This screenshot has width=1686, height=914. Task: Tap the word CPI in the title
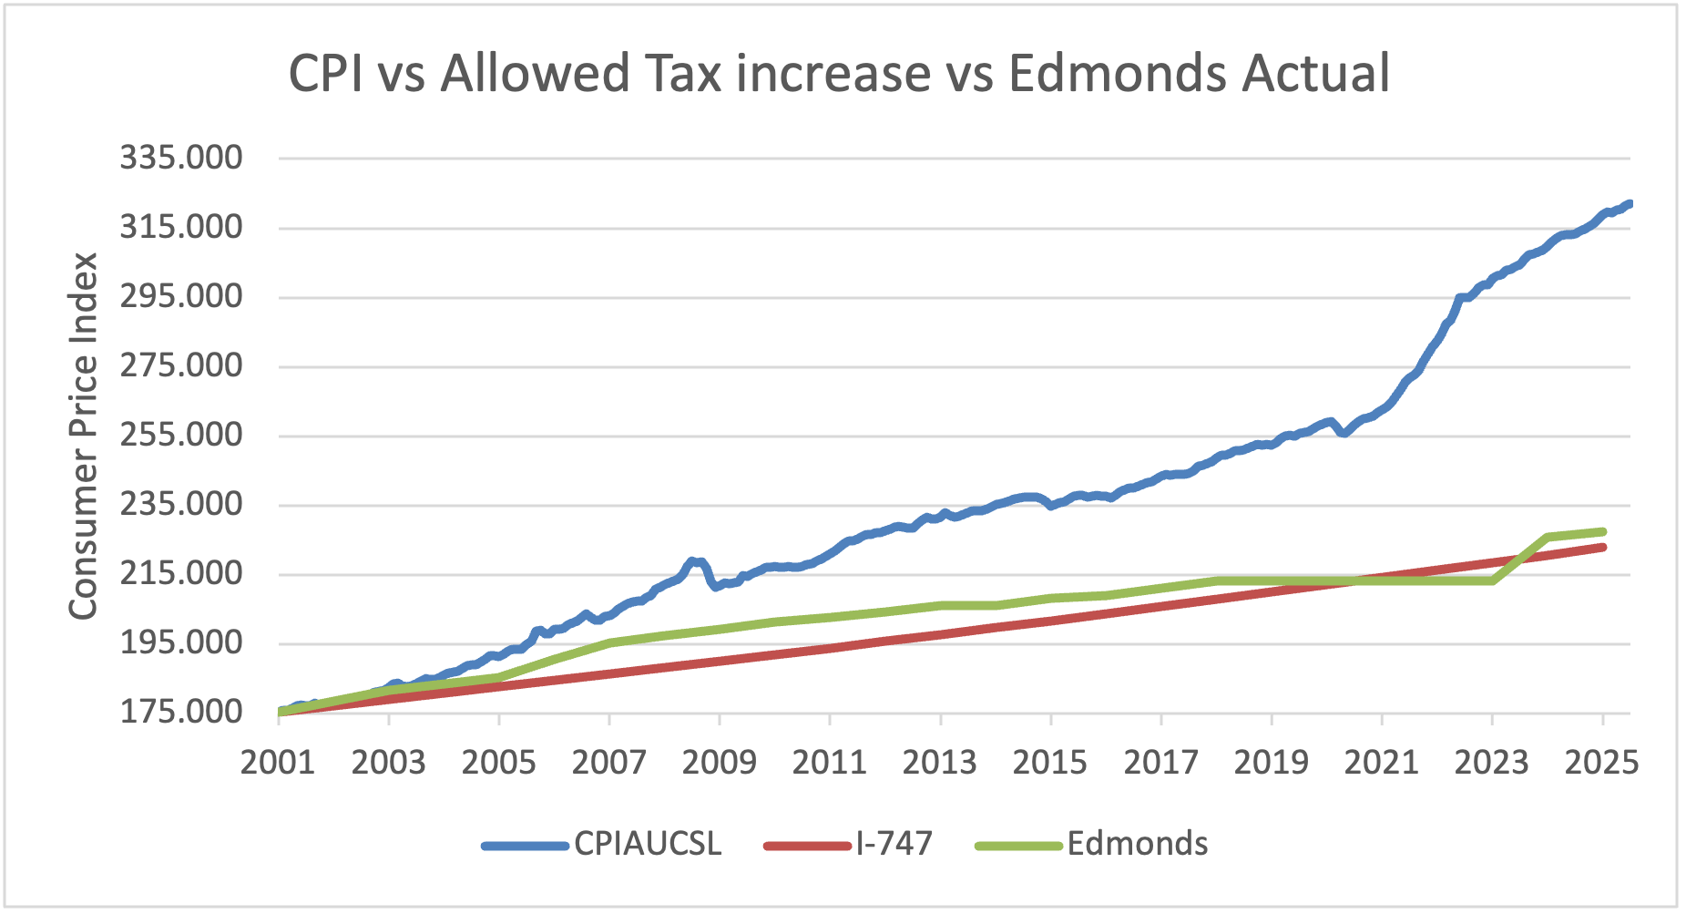pyautogui.click(x=327, y=74)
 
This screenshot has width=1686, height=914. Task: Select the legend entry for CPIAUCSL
pyautogui.click(x=647, y=844)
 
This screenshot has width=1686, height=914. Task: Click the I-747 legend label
pyautogui.click(x=894, y=844)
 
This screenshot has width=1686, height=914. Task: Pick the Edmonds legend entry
pyautogui.click(x=1137, y=844)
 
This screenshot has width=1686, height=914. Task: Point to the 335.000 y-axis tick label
pyautogui.click(x=181, y=158)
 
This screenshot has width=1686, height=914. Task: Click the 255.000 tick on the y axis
pyautogui.click(x=181, y=435)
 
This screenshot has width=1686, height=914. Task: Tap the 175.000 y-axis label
pyautogui.click(x=181, y=712)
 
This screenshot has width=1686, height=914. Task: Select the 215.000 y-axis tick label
pyautogui.click(x=181, y=573)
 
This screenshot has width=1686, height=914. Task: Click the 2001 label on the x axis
pyautogui.click(x=278, y=762)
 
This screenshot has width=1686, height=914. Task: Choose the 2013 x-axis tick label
pyautogui.click(x=940, y=762)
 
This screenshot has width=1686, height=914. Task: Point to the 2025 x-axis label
pyautogui.click(x=1602, y=762)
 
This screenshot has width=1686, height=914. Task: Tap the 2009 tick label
pyautogui.click(x=719, y=762)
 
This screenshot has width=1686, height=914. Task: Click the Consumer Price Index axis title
pyautogui.click(x=83, y=436)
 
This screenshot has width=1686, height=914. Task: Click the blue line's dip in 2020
pyautogui.click(x=1344, y=433)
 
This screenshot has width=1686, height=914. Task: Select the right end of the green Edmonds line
pyautogui.click(x=1602, y=531)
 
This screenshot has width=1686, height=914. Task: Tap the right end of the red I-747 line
pyautogui.click(x=1602, y=547)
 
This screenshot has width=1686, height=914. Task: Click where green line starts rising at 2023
pyautogui.click(x=1492, y=580)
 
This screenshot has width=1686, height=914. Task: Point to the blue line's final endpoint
pyautogui.click(x=1629, y=204)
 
